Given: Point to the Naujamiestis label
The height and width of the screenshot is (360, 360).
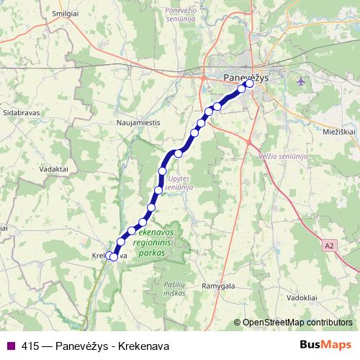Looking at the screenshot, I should click(138, 123).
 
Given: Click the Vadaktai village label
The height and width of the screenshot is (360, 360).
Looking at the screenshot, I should click(35, 168).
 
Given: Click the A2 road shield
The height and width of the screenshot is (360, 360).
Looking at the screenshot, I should click(329, 246).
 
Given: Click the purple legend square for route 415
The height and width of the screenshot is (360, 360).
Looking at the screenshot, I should click(10, 345).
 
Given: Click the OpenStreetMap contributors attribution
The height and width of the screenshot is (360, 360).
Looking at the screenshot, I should click(297, 323).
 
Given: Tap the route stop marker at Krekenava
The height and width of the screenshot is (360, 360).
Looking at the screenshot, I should click(113, 256).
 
